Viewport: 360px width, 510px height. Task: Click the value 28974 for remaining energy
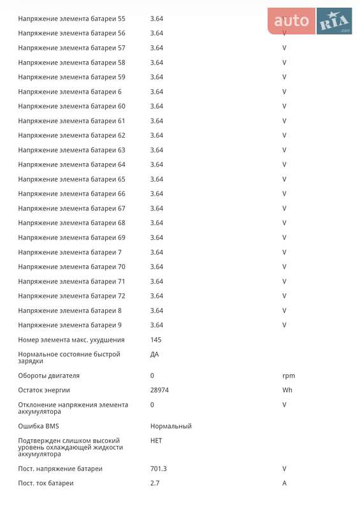click(x=159, y=390)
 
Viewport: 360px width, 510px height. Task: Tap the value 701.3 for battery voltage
click(x=159, y=469)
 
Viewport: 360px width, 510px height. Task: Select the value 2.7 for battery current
click(x=155, y=483)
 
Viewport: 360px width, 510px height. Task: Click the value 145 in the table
click(x=156, y=340)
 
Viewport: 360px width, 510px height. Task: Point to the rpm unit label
click(x=289, y=375)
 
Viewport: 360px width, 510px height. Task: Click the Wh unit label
click(x=287, y=390)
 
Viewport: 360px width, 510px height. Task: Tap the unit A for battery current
click(x=285, y=483)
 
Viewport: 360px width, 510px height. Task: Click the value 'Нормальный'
click(x=171, y=426)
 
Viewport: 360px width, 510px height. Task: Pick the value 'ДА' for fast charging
click(x=155, y=354)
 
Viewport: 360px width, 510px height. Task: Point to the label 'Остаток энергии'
click(x=44, y=390)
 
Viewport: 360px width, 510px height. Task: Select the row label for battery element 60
click(x=71, y=106)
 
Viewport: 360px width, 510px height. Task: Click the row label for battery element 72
click(x=71, y=296)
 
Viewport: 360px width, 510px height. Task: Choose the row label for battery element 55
click(x=71, y=18)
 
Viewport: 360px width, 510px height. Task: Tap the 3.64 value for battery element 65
click(x=157, y=179)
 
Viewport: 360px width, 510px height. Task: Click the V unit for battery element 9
click(x=284, y=325)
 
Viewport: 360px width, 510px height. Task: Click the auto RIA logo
click(x=310, y=22)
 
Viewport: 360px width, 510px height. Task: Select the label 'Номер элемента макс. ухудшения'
click(x=71, y=340)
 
